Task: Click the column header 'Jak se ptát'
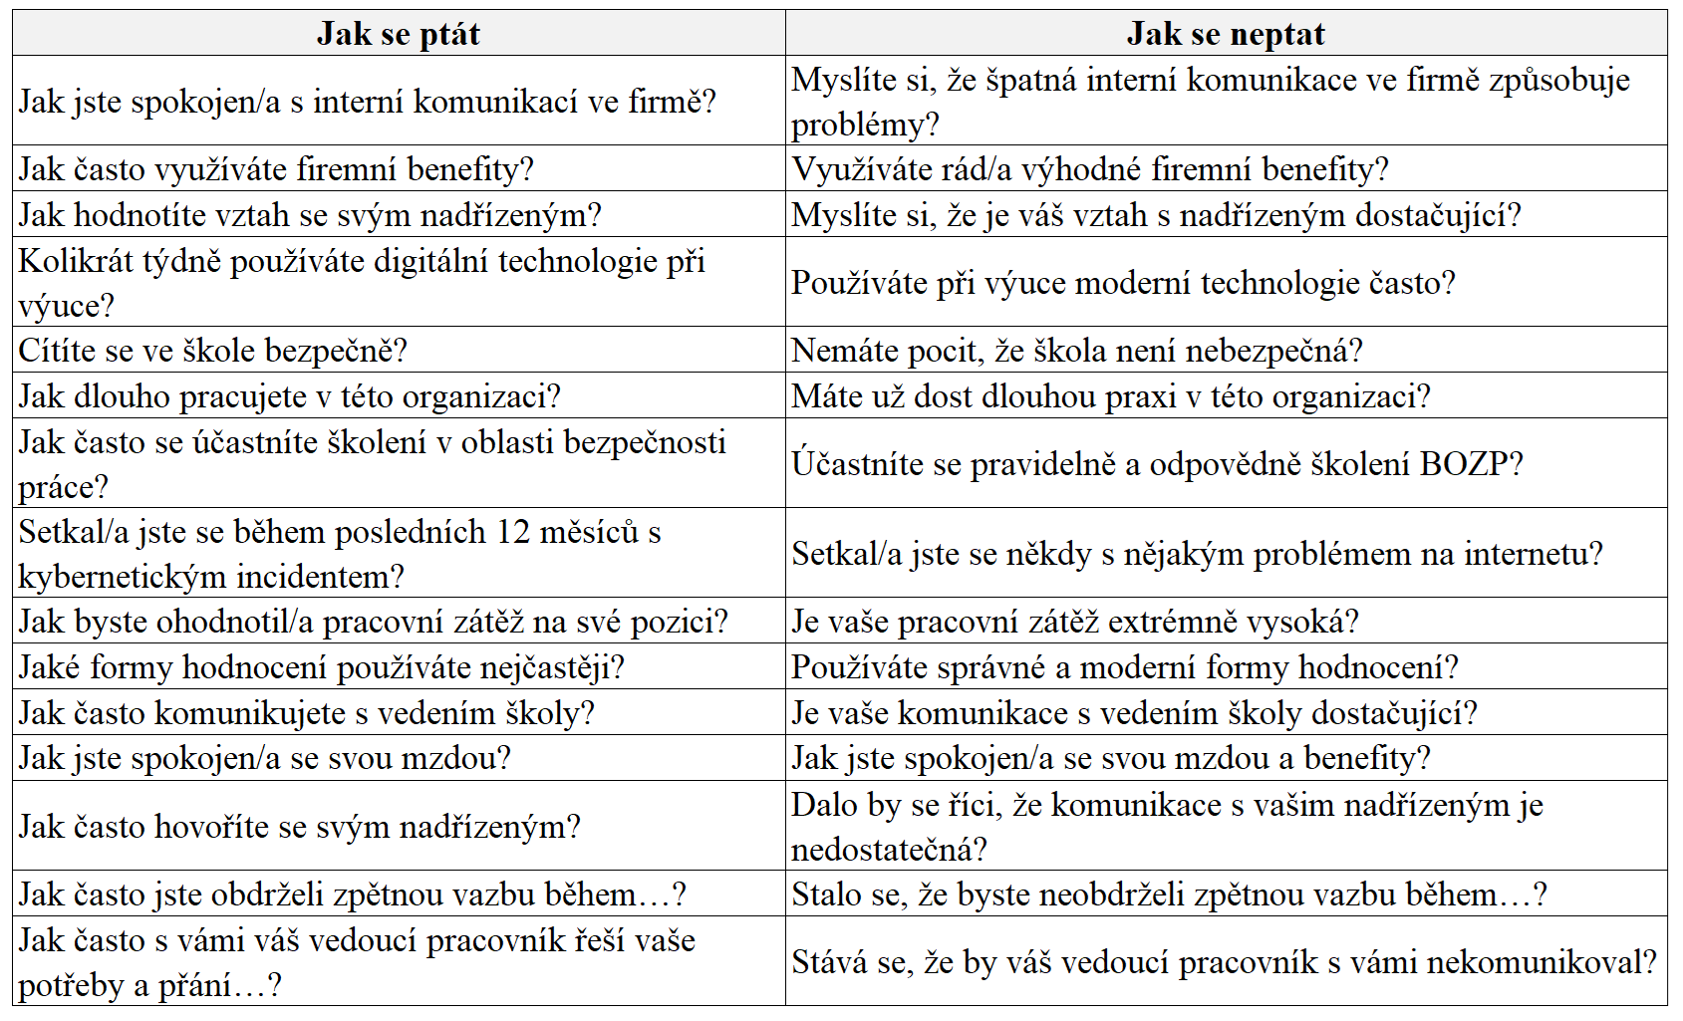(x=399, y=34)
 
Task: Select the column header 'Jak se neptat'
(x=1226, y=34)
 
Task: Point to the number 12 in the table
(x=513, y=532)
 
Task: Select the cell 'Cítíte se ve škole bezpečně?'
(x=399, y=351)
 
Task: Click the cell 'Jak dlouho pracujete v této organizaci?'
(x=399, y=396)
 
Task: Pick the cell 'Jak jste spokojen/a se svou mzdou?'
(x=399, y=758)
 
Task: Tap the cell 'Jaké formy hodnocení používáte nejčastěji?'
(x=399, y=667)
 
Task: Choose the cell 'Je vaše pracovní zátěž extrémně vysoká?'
(x=1226, y=622)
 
